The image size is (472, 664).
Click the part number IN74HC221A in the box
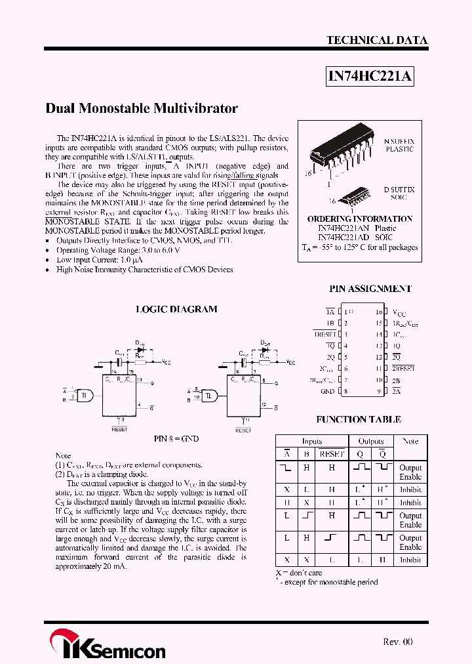[x=370, y=77]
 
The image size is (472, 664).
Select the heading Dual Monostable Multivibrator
[x=142, y=108]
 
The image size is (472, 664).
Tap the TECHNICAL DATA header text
[x=377, y=40]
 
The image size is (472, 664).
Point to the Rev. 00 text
[x=397, y=642]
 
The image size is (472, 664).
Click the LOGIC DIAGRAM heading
[x=176, y=309]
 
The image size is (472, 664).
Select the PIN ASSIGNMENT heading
[x=370, y=289]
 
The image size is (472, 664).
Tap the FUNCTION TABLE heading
[x=359, y=419]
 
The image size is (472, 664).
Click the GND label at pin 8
[x=328, y=392]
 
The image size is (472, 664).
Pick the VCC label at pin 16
[x=399, y=313]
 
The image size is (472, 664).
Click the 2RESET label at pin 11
[x=404, y=369]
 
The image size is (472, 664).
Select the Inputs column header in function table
[x=312, y=442]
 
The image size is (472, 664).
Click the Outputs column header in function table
[x=371, y=442]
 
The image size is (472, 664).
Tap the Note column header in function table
[x=410, y=442]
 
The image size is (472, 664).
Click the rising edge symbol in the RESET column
[x=330, y=537]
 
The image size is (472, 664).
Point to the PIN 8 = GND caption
[x=176, y=438]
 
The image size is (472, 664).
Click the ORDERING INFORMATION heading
[x=360, y=218]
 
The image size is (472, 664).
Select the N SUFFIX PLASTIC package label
[x=399, y=146]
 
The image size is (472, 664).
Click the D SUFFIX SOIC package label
[x=399, y=194]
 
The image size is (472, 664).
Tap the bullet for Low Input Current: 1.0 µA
[x=49, y=260]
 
